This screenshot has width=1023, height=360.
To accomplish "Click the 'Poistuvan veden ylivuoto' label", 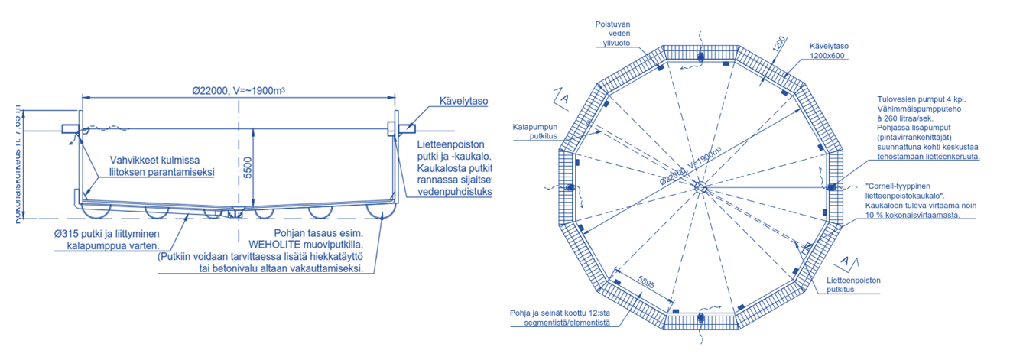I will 613,34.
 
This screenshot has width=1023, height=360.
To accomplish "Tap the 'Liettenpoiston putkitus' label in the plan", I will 854,285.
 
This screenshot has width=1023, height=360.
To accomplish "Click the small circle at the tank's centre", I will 700,187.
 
